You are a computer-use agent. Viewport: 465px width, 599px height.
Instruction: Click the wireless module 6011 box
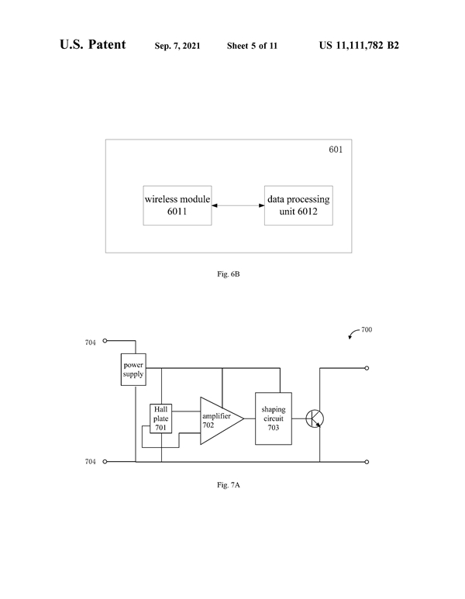click(x=177, y=205)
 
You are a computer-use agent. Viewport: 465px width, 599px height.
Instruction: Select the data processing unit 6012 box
click(x=299, y=205)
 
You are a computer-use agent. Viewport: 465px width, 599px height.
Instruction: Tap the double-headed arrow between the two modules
click(x=238, y=205)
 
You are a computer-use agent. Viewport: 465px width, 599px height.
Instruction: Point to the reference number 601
click(x=336, y=149)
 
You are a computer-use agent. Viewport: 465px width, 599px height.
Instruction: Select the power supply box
click(x=133, y=368)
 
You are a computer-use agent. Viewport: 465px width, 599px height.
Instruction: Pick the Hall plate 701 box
click(x=161, y=418)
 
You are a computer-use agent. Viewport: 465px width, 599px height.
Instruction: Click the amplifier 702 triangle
click(x=217, y=420)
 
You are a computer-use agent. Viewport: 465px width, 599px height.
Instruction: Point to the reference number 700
click(x=367, y=329)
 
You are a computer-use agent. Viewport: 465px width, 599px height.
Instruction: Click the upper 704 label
click(x=91, y=341)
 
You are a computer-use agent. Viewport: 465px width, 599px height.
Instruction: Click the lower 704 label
click(x=91, y=462)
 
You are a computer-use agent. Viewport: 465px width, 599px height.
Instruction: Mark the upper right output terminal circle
click(x=367, y=369)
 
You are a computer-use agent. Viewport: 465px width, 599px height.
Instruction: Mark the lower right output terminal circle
click(x=367, y=462)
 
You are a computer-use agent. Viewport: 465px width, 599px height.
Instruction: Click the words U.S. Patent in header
click(x=92, y=45)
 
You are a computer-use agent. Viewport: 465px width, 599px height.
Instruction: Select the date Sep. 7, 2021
click(x=177, y=46)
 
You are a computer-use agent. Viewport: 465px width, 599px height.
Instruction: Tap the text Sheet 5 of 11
click(x=252, y=46)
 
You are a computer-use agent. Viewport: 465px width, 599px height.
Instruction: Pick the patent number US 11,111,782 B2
click(x=359, y=46)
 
